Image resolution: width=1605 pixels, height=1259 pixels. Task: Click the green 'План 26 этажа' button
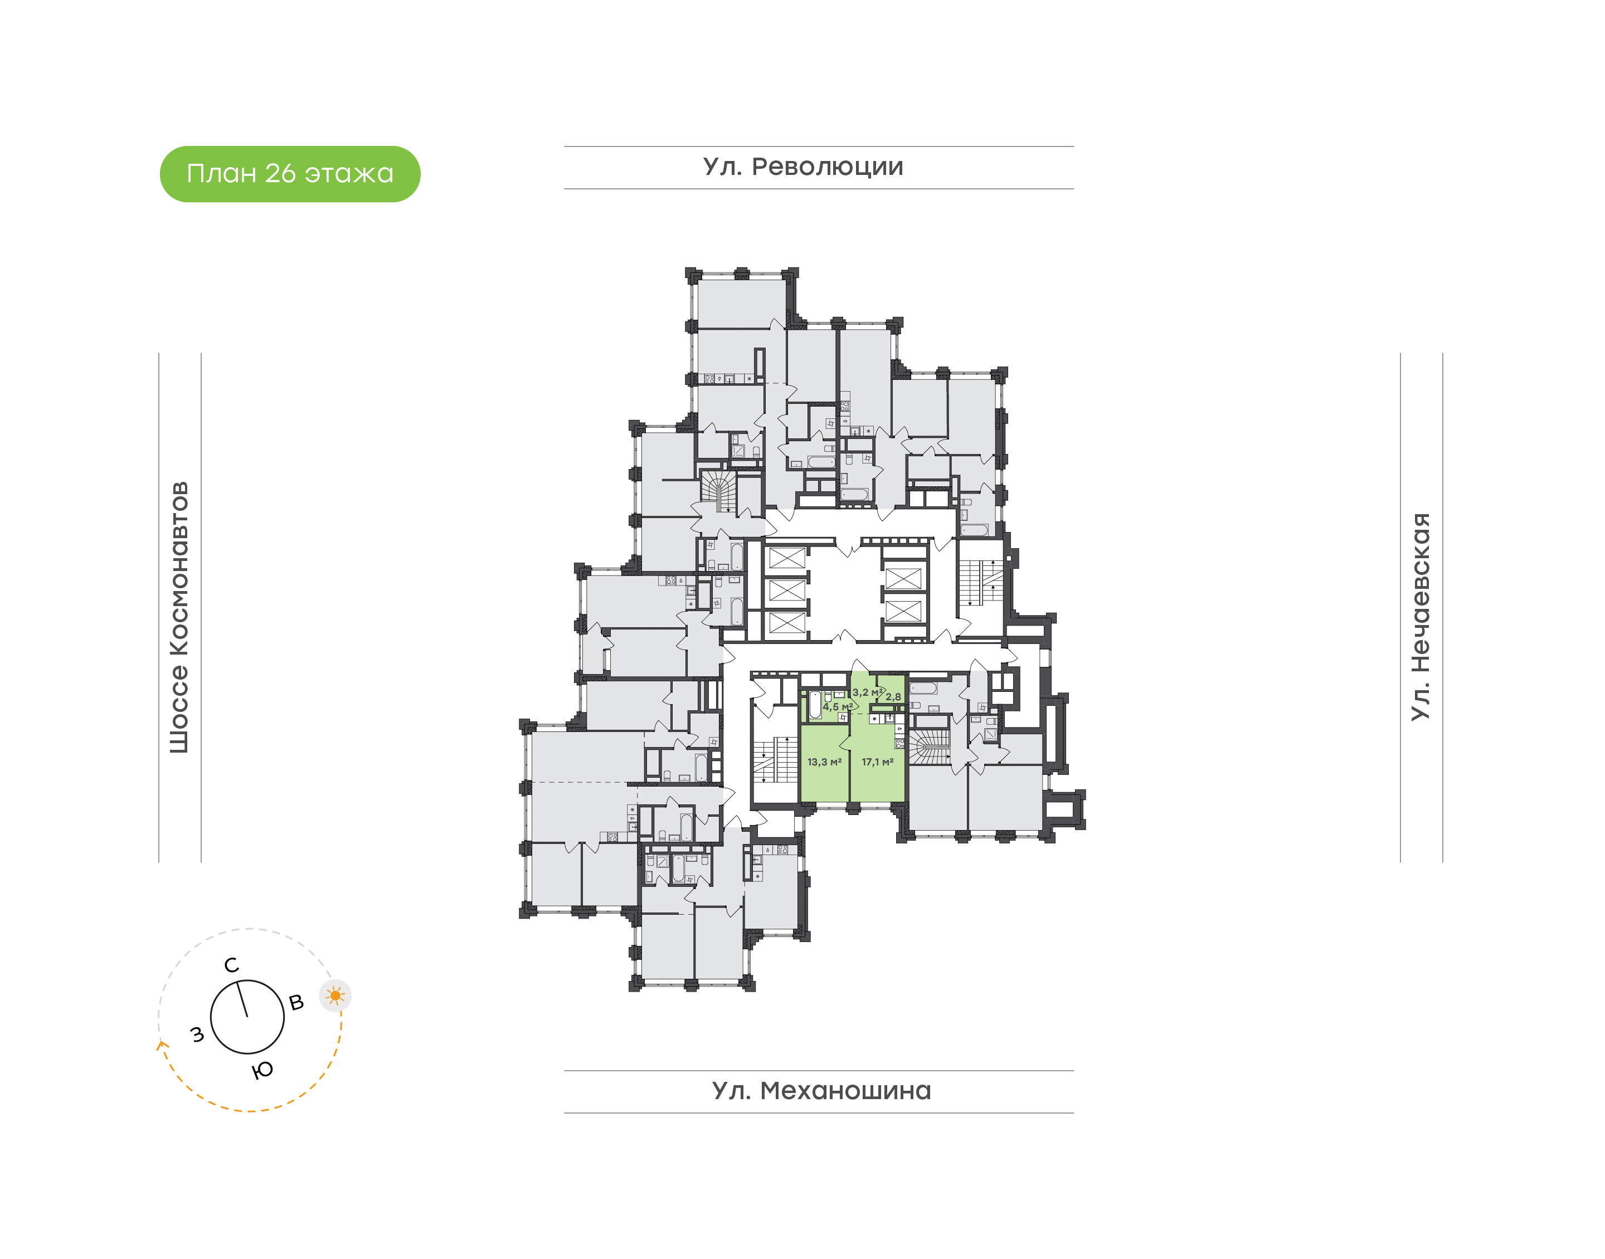coord(290,174)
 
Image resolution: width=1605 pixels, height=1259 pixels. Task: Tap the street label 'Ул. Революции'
coord(803,167)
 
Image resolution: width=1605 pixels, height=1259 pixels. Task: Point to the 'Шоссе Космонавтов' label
coord(179,618)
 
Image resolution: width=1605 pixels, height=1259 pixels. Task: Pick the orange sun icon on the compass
coord(335,996)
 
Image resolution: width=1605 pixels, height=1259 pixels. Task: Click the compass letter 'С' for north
coord(231,965)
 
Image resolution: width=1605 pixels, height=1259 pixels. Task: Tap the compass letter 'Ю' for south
coord(262,1070)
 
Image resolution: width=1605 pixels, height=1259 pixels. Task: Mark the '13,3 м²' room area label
coord(824,762)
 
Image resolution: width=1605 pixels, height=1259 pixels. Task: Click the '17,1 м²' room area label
coord(877,762)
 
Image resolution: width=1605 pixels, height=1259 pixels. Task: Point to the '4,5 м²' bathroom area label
coord(838,707)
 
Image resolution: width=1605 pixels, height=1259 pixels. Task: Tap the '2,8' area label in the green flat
coord(893,696)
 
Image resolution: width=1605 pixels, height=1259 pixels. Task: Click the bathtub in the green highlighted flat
coord(815,704)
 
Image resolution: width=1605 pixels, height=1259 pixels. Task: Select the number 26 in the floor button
coord(280,174)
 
